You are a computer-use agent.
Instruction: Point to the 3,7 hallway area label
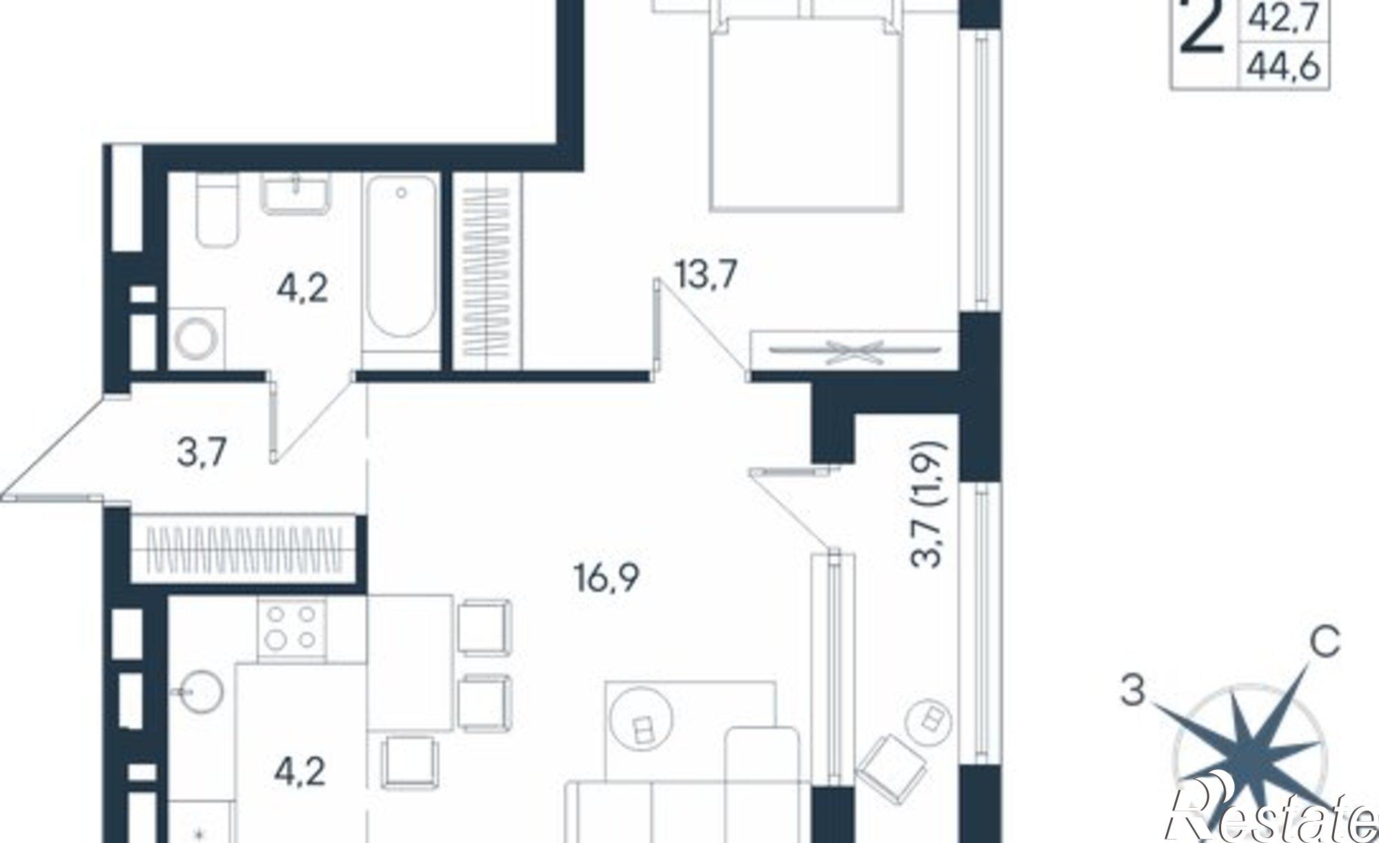202,454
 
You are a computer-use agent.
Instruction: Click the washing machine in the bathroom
197,338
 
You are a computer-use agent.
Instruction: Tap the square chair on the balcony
887,766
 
